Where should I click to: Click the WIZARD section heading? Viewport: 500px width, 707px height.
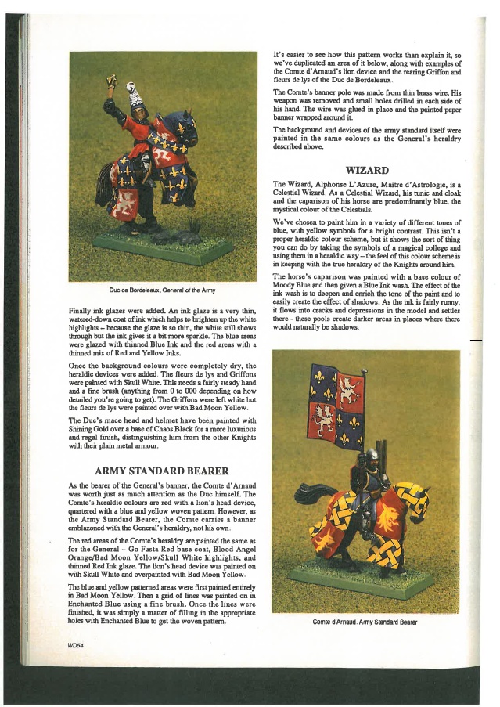click(366, 168)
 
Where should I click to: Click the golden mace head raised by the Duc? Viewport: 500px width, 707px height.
click(113, 81)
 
